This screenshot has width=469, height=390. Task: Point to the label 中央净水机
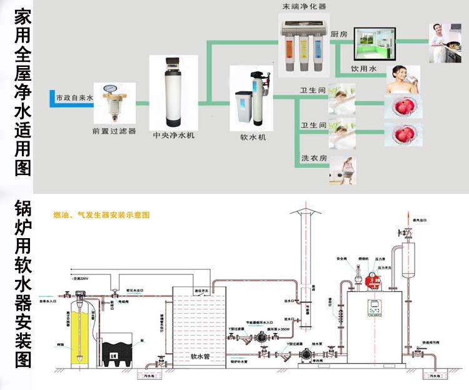pyautogui.click(x=173, y=134)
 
